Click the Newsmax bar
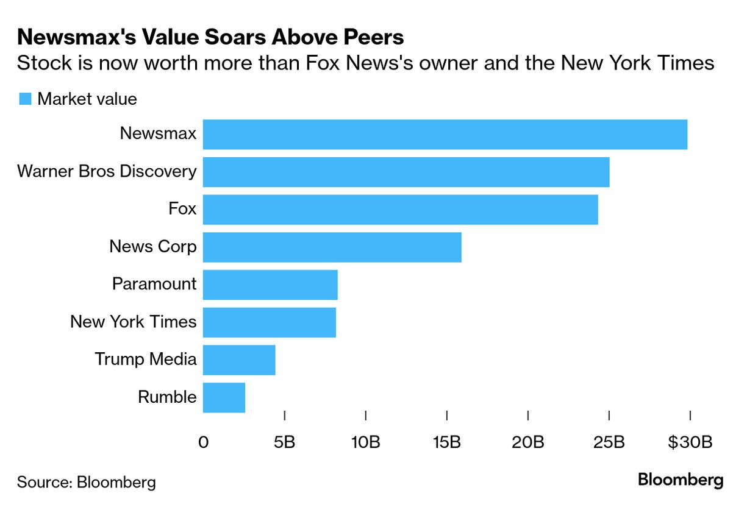click(x=445, y=134)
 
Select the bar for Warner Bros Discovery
click(x=406, y=172)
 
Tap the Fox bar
click(x=400, y=210)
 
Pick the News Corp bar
click(x=332, y=247)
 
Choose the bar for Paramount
click(x=270, y=285)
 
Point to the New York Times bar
click(x=269, y=322)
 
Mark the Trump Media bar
click(x=238, y=360)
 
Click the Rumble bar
click(x=224, y=397)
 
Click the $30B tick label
click(x=690, y=442)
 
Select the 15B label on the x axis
click(x=446, y=442)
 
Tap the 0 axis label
click(x=203, y=442)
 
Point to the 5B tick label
click(x=284, y=442)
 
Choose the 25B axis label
click(x=609, y=442)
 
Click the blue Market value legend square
click(x=25, y=99)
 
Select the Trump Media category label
click(x=145, y=360)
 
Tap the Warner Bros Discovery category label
click(x=107, y=171)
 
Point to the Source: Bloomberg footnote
click(x=86, y=483)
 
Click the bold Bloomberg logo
click(x=680, y=480)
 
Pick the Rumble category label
click(x=167, y=397)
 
